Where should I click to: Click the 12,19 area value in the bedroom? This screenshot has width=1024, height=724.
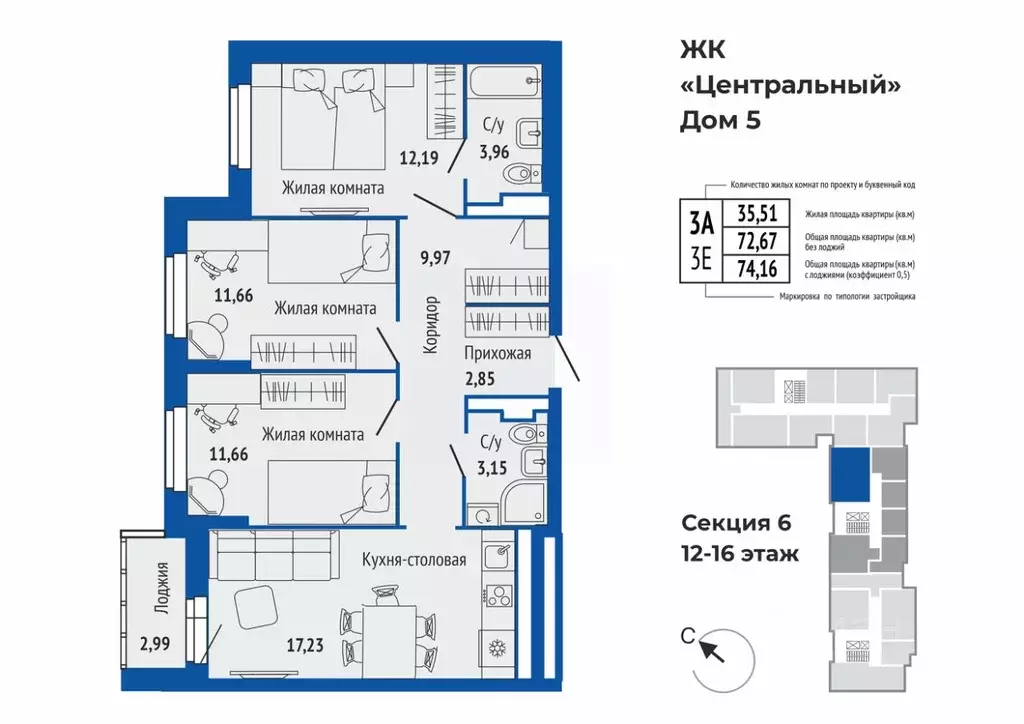pos(419,157)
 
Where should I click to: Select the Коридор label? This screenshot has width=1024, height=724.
pos(430,324)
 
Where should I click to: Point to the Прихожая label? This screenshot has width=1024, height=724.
pos(498,353)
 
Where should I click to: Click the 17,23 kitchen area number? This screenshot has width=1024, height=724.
pos(305,645)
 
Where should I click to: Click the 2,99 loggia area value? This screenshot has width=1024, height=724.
pos(155,644)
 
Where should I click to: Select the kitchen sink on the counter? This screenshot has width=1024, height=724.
pos(498,556)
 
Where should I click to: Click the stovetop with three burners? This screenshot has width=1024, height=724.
pos(498,596)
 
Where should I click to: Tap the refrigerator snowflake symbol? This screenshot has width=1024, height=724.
pos(498,649)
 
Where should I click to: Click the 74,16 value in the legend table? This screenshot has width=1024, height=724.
pos(757,268)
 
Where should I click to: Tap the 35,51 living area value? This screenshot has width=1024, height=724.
pos(757,213)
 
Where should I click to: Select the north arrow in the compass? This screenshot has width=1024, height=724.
pos(712,651)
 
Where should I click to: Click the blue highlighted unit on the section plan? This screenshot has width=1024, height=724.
pos(850,475)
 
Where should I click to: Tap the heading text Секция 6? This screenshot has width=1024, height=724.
pos(736,523)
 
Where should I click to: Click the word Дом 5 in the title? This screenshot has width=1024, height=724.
pos(720,120)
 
